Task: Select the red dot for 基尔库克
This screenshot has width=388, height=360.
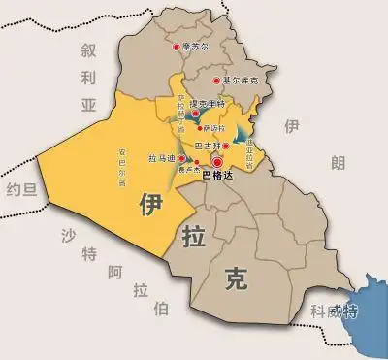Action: [x=216, y=81]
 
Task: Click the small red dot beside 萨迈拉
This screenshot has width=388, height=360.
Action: [x=200, y=128]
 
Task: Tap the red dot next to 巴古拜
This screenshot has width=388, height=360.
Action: [x=226, y=146]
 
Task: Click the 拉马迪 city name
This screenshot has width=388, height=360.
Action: [x=160, y=157]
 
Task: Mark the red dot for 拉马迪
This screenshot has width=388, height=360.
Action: [x=178, y=157]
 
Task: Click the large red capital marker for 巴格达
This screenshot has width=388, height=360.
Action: [x=217, y=162]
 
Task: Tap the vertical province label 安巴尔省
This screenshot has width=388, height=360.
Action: [x=122, y=168]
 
